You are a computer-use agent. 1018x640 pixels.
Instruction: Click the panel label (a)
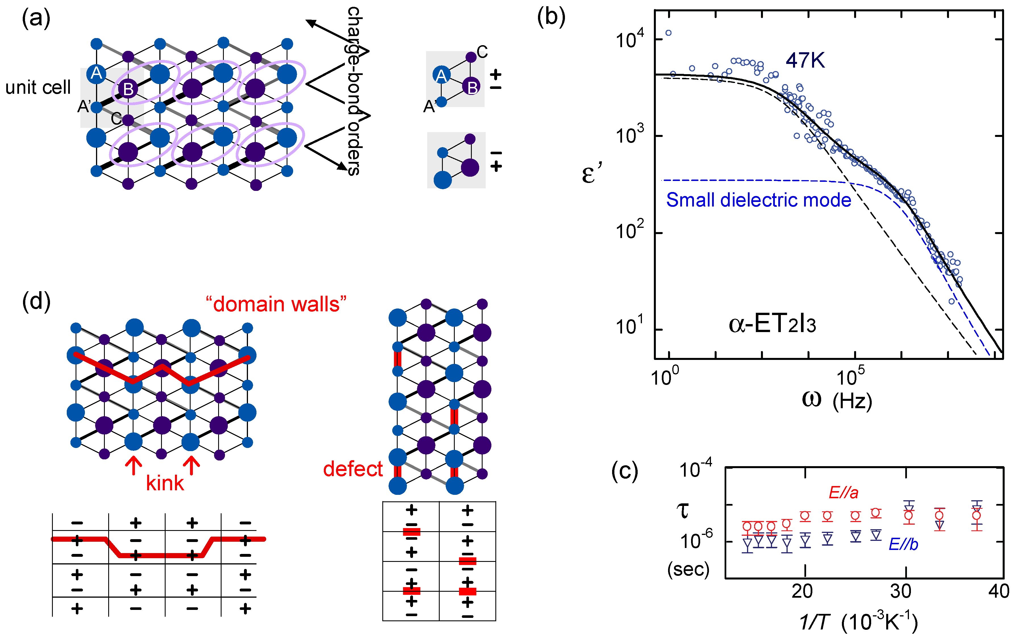pos(36,18)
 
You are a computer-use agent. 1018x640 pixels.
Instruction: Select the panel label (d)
pos(36,301)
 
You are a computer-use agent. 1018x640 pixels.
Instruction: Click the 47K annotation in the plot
pos(805,61)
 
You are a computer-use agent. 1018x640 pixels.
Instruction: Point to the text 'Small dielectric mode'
pos(758,200)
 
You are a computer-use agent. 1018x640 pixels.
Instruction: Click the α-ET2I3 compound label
pos(772,325)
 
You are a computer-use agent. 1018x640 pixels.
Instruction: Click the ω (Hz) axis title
pos(836,400)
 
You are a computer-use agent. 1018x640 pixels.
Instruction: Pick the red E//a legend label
pos(843,493)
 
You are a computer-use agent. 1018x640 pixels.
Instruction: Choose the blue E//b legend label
pos(903,544)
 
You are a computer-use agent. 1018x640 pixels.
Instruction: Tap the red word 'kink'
pos(165,483)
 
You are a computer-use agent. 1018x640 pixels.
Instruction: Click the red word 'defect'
pos(352,469)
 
